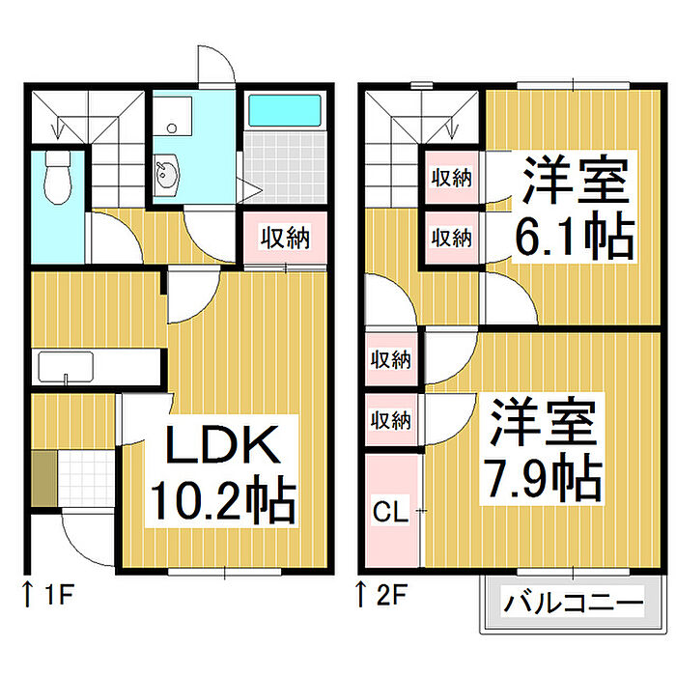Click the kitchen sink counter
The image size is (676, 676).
pyautogui.click(x=66, y=368)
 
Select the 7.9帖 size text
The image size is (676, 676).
pyautogui.click(x=541, y=474)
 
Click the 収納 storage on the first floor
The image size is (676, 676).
pyautogui.click(x=285, y=238)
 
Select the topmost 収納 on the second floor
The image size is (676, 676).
pyautogui.click(x=450, y=178)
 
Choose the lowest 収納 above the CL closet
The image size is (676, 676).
pyautogui.click(x=391, y=420)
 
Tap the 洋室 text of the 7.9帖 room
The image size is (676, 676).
pyautogui.click(x=541, y=421)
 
